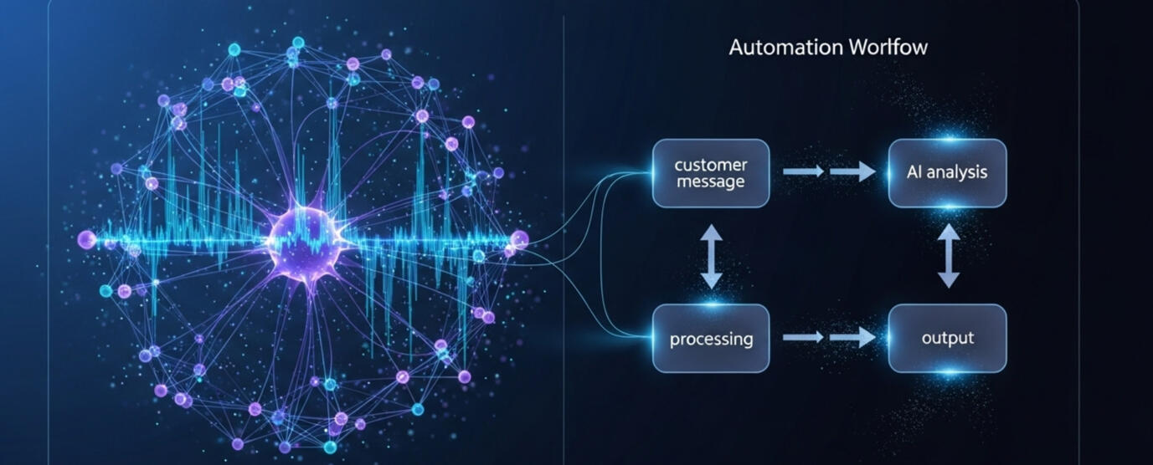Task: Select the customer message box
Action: [711, 173]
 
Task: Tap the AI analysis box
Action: [947, 173]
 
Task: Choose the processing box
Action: [711, 338]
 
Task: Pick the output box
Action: [947, 338]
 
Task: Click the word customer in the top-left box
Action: [710, 165]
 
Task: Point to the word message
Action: [710, 181]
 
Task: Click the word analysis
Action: [960, 172]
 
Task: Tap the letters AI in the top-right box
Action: [915, 172]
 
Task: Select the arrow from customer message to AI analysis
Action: [829, 172]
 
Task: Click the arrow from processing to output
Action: [829, 338]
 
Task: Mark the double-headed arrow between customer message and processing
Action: [711, 256]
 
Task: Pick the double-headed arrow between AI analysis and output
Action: [948, 256]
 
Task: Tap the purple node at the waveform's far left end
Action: [86, 240]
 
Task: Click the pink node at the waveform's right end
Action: [519, 239]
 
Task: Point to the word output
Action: [947, 338]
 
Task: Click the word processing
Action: [711, 339]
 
